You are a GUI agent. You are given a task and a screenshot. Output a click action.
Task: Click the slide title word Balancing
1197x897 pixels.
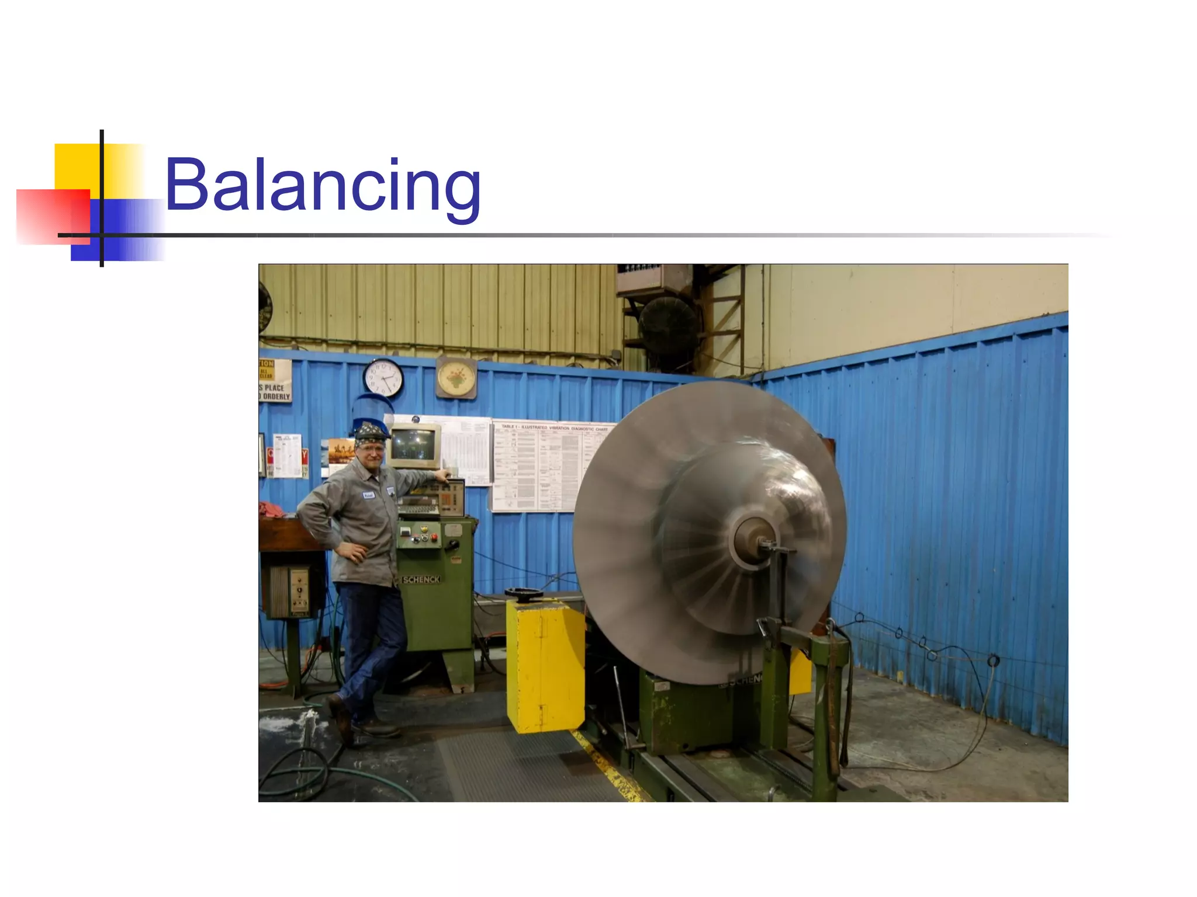point(323,186)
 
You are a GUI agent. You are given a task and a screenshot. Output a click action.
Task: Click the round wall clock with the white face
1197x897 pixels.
point(383,377)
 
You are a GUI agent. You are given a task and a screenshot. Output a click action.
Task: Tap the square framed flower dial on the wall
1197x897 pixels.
point(456,377)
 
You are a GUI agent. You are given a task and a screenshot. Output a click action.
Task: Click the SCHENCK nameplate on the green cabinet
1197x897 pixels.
point(421,579)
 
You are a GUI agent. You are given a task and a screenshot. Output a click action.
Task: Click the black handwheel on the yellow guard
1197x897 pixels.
point(524,593)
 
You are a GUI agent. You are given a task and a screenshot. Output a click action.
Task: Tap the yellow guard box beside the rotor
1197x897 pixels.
point(545,666)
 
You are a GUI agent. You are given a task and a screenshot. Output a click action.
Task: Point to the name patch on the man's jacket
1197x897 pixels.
point(368,495)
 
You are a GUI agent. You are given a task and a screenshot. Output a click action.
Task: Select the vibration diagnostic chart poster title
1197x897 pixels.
point(554,428)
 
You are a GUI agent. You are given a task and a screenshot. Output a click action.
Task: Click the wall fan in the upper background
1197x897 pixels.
point(667,325)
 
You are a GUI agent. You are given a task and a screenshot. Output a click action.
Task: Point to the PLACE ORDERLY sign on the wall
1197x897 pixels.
point(275,392)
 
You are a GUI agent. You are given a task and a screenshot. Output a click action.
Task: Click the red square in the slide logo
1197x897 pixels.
point(53,216)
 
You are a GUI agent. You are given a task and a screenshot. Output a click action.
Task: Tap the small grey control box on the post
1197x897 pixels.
point(293,591)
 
